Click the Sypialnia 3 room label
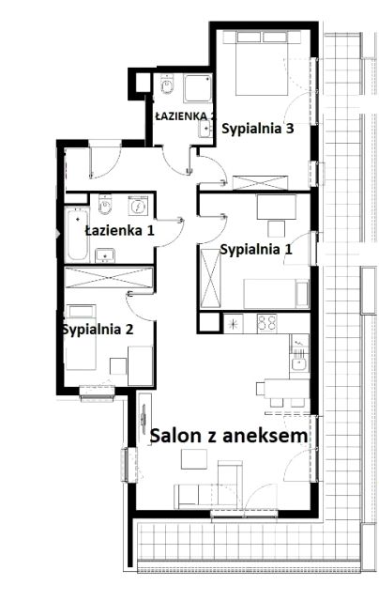point(258,129)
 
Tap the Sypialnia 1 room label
point(256,250)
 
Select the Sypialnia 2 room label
point(98,330)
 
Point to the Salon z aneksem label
point(229,436)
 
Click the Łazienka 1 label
point(119,231)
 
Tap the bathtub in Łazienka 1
point(77,235)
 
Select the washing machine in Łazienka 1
point(138,207)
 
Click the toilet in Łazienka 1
point(104,205)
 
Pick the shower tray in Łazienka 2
point(197,88)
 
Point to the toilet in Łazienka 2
point(167,85)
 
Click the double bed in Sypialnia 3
point(262,64)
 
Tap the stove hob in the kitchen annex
point(267,323)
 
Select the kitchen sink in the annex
point(298,363)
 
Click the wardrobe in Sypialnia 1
point(210,278)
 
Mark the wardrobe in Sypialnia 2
point(109,278)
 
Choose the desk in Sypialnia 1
point(277,208)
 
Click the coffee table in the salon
point(194,459)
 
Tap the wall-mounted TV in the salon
point(144,415)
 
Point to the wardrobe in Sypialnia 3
point(260,182)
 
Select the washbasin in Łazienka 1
point(105,255)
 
